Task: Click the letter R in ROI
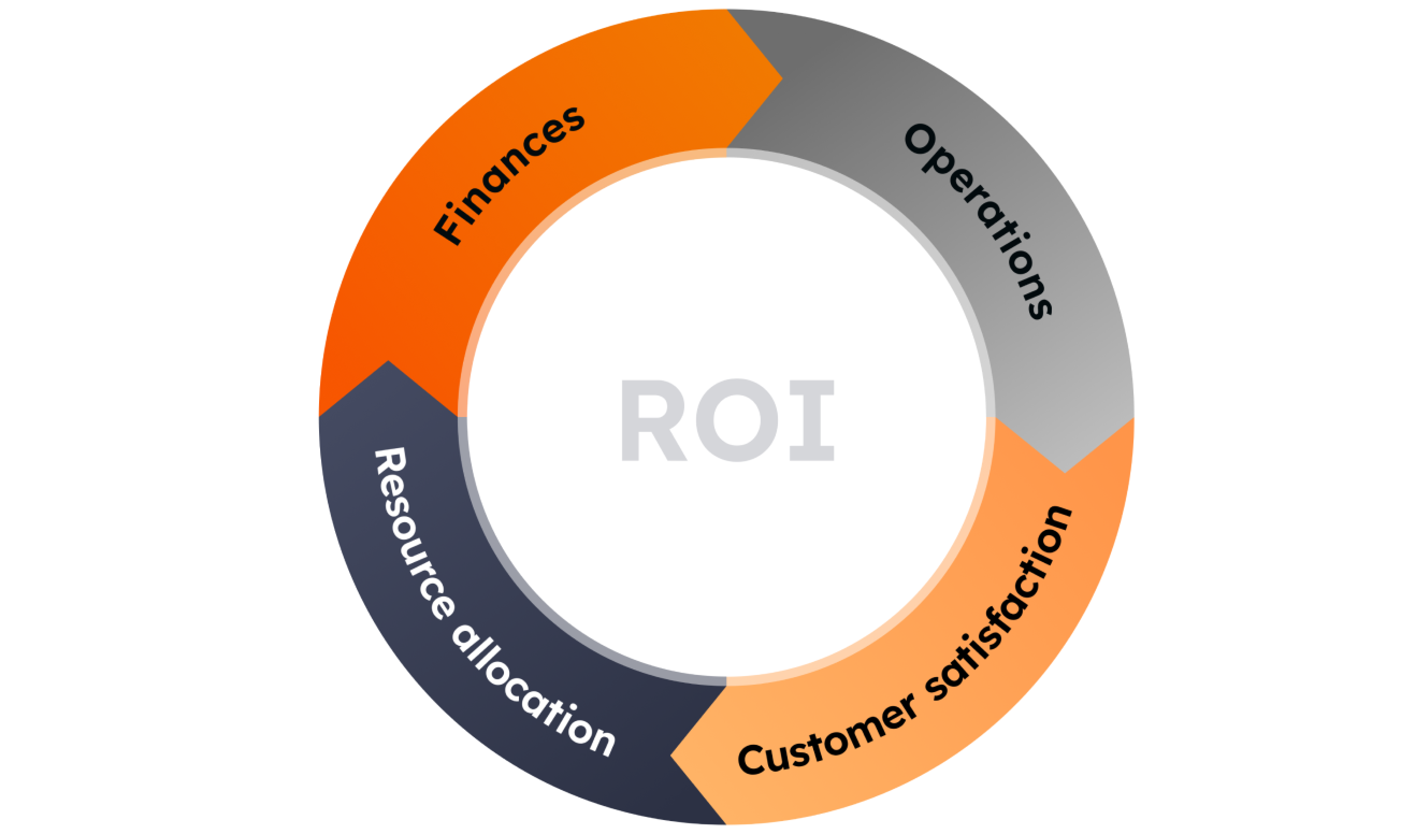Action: click(652, 420)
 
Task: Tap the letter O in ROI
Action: click(736, 420)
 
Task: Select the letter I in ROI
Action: click(811, 420)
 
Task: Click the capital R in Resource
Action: click(390, 466)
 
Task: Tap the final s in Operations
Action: click(1040, 308)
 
